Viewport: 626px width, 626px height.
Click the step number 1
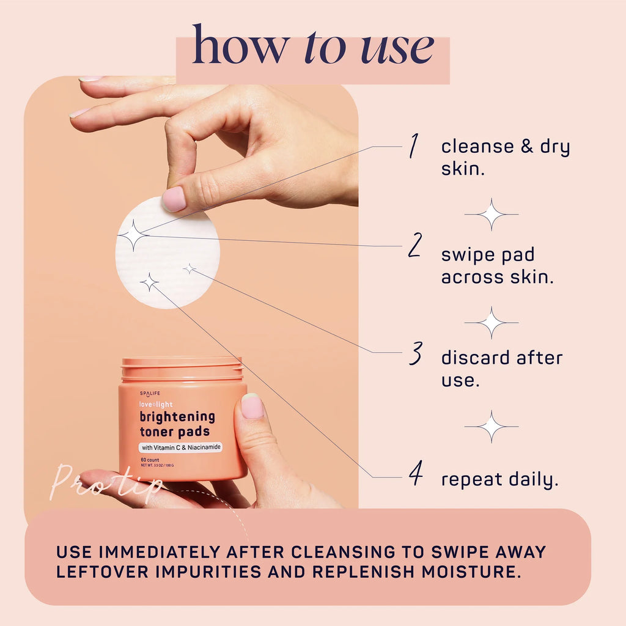(414, 146)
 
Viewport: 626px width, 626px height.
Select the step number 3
(416, 353)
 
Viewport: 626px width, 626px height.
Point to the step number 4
(416, 474)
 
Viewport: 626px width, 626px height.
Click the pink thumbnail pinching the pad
(174, 199)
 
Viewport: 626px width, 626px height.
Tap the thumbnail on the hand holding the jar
(252, 406)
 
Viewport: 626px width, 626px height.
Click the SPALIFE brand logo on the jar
(149, 393)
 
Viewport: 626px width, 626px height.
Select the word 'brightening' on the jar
(177, 417)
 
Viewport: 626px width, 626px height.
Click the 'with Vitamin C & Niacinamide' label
(180, 447)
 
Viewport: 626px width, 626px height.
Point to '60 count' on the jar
(150, 460)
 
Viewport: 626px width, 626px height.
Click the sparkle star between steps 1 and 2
(492, 214)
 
